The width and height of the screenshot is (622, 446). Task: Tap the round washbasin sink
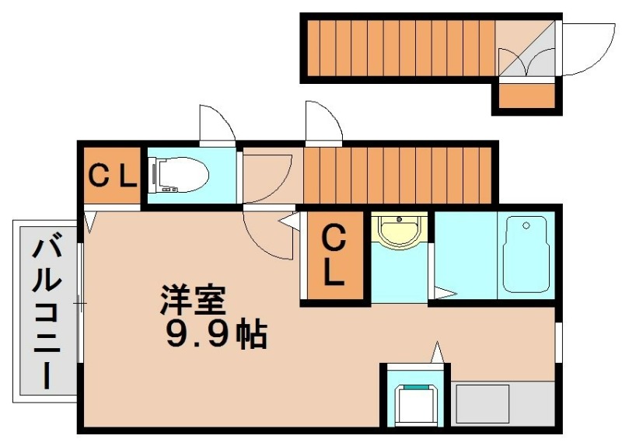click(x=398, y=231)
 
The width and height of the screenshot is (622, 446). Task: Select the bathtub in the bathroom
click(x=526, y=255)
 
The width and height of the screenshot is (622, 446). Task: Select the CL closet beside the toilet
click(x=111, y=176)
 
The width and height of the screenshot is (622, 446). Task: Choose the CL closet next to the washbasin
click(x=334, y=255)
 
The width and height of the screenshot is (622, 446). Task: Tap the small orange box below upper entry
click(x=526, y=96)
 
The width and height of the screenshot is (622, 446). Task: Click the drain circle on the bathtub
click(x=526, y=227)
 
